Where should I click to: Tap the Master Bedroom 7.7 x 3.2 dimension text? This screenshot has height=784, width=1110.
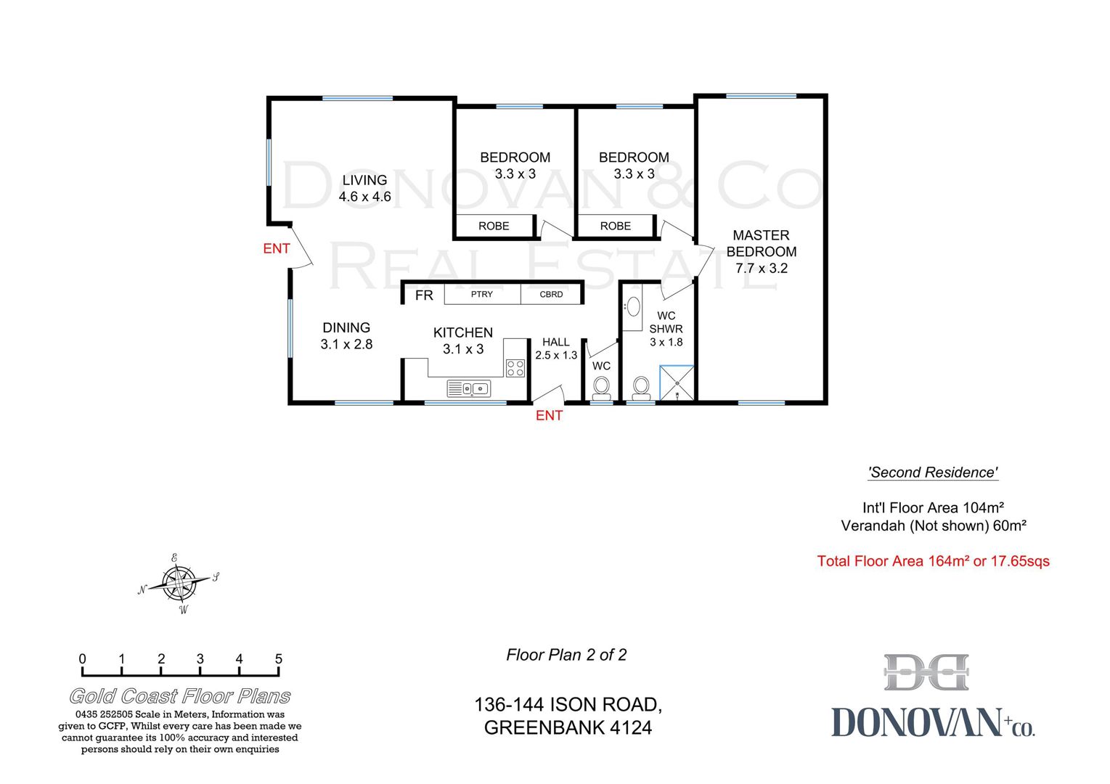click(x=762, y=268)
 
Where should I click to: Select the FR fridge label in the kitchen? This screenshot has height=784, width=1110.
click(x=424, y=295)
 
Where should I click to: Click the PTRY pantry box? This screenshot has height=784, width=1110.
click(x=482, y=295)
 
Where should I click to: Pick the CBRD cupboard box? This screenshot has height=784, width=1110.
click(x=550, y=295)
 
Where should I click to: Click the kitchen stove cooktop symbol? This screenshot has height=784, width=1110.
click(x=515, y=368)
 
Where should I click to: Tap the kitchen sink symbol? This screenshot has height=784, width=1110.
click(x=469, y=388)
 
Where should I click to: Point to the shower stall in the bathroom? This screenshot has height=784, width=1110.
click(x=677, y=383)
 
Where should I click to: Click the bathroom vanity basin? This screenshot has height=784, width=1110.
click(x=633, y=307)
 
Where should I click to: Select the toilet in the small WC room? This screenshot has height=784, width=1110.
click(x=602, y=388)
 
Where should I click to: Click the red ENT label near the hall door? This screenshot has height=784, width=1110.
click(x=549, y=415)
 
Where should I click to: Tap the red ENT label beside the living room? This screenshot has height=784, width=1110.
click(x=277, y=248)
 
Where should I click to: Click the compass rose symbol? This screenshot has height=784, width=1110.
click(x=179, y=583)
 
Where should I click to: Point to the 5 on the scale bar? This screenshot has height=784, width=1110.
click(x=279, y=658)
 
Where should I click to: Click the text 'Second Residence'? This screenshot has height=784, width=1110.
click(x=933, y=473)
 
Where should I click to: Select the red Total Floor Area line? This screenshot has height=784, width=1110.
click(x=933, y=561)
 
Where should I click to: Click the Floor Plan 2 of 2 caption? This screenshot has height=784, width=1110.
click(x=566, y=655)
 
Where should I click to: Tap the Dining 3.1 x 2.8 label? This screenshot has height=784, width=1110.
click(x=346, y=335)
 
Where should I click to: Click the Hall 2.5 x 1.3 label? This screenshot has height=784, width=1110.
click(x=556, y=348)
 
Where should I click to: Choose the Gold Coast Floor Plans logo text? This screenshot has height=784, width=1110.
click(x=180, y=696)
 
